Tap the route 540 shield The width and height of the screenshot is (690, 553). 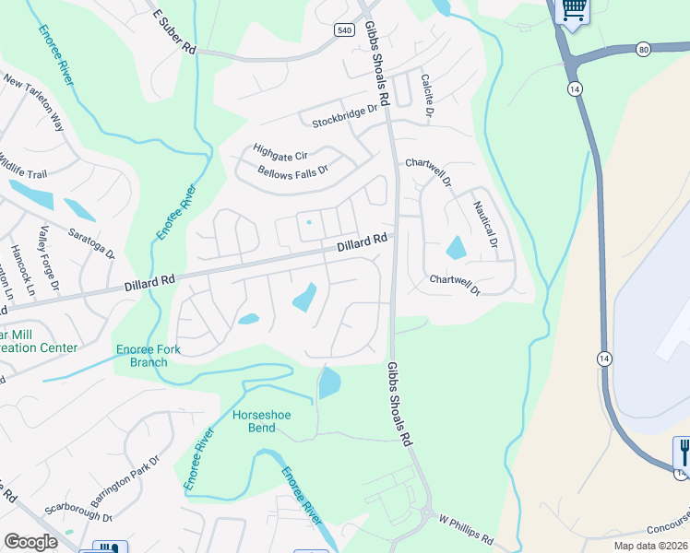coord(343,30)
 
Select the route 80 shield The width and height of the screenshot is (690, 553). coord(643,48)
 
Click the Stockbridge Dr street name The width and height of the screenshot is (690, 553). coord(346,115)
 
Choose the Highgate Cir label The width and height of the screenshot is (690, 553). coord(280,154)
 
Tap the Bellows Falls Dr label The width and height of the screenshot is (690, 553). coord(293,171)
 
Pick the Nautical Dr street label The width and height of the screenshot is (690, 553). coord(485,225)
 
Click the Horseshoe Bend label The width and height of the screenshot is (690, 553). coord(261,421)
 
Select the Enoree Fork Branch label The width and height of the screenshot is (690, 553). coord(142,356)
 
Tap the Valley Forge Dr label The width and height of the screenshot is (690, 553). coord(48,263)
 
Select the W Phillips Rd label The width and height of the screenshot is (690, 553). coord(466,535)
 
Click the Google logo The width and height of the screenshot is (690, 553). coord(30,542)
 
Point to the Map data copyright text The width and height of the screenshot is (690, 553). coord(648,546)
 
